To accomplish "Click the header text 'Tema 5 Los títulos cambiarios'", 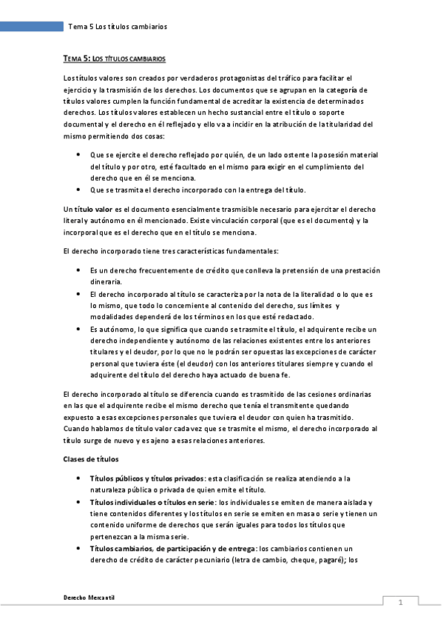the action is pos(118,27).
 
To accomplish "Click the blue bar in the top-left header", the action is pos(31,27).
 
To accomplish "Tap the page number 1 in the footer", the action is pos(400,602).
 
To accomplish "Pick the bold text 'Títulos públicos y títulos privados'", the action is pos(146,479).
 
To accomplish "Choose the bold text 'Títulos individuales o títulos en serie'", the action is pos(153,502).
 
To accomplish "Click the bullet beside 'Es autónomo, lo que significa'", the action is pos(79,329).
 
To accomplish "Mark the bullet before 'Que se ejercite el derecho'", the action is pos(79,155).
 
